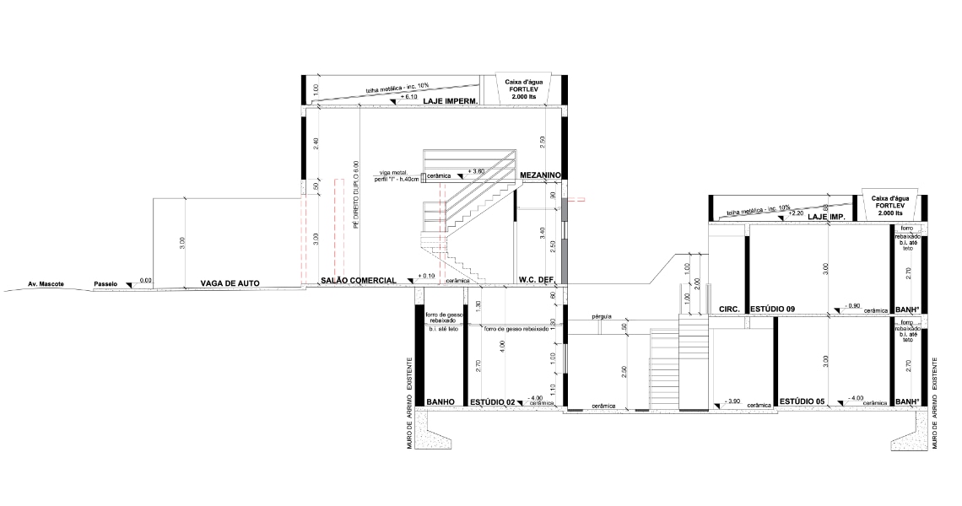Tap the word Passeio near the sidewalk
click(x=105, y=284)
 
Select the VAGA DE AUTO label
click(x=230, y=283)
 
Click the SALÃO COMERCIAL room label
click(x=358, y=280)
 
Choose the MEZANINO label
click(x=540, y=175)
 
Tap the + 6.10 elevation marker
click(x=408, y=98)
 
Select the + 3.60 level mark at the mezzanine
click(x=475, y=171)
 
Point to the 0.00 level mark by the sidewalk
click(x=145, y=280)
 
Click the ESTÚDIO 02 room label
click(x=493, y=402)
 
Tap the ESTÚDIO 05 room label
click(x=802, y=401)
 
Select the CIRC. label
click(x=729, y=310)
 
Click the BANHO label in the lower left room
click(x=440, y=402)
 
